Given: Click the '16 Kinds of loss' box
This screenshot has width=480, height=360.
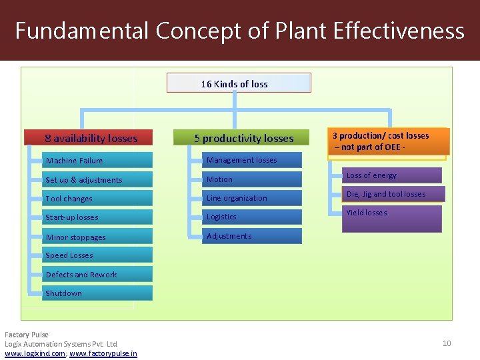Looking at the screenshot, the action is (x=238, y=83).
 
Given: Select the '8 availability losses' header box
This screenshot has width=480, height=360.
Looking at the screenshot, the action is (x=91, y=138).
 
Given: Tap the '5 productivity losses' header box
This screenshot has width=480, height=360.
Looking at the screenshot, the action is (x=243, y=138).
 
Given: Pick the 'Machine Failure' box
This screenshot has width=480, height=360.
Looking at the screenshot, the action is (x=97, y=161).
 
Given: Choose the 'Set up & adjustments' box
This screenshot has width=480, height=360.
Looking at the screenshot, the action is (x=97, y=179).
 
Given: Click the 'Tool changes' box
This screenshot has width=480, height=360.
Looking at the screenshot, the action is (x=97, y=198).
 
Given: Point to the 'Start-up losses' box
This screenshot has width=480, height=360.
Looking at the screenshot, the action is (x=97, y=217).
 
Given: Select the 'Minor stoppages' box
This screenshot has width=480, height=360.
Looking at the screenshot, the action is (x=97, y=237).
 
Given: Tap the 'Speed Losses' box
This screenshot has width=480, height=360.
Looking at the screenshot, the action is (x=97, y=255).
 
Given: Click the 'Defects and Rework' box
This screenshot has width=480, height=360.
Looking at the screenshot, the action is (x=97, y=274).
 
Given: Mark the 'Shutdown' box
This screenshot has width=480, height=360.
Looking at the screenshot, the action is (x=97, y=293).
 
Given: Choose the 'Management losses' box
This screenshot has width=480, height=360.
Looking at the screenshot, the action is (x=252, y=160).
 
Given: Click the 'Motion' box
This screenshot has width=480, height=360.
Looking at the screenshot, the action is (x=252, y=179).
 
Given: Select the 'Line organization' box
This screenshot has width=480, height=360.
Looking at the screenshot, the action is (x=252, y=198).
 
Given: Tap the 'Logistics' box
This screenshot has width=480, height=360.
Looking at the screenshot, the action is (x=252, y=217).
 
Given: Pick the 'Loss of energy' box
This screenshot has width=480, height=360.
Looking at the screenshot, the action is (x=391, y=175).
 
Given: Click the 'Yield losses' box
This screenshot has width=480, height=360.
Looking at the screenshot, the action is (x=391, y=218).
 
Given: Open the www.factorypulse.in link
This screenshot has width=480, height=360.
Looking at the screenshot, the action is (x=103, y=353).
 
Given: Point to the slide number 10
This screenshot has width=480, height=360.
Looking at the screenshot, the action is (x=447, y=343).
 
